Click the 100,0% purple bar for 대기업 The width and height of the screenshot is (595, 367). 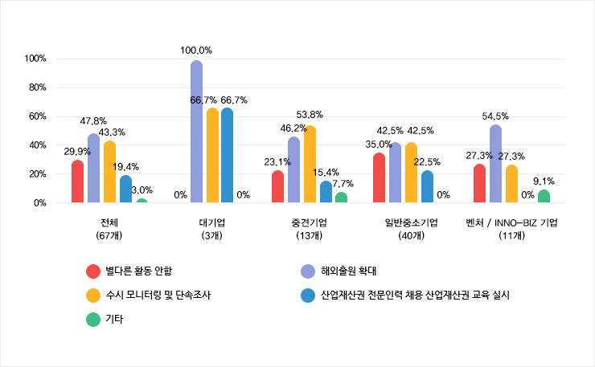click(196, 133)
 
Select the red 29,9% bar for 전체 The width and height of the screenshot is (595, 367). click(77, 181)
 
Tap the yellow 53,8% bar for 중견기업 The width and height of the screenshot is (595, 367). click(310, 165)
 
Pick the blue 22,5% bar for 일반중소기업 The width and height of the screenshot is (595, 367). click(427, 187)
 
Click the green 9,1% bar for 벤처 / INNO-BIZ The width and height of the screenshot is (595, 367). click(544, 197)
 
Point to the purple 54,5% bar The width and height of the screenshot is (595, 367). click(495, 164)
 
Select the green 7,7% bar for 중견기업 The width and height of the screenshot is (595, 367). click(341, 198)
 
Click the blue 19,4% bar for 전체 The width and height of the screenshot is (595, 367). click(125, 190)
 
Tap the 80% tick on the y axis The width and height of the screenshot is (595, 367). click(35, 88)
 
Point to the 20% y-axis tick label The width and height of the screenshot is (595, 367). click(35, 174)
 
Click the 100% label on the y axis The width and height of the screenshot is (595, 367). click(35, 59)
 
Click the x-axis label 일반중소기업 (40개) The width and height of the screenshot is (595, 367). click(412, 228)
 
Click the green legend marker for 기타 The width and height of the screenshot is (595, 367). click(92, 319)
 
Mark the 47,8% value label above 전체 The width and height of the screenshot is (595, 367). click(93, 120)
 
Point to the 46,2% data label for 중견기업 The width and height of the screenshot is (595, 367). click(293, 128)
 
